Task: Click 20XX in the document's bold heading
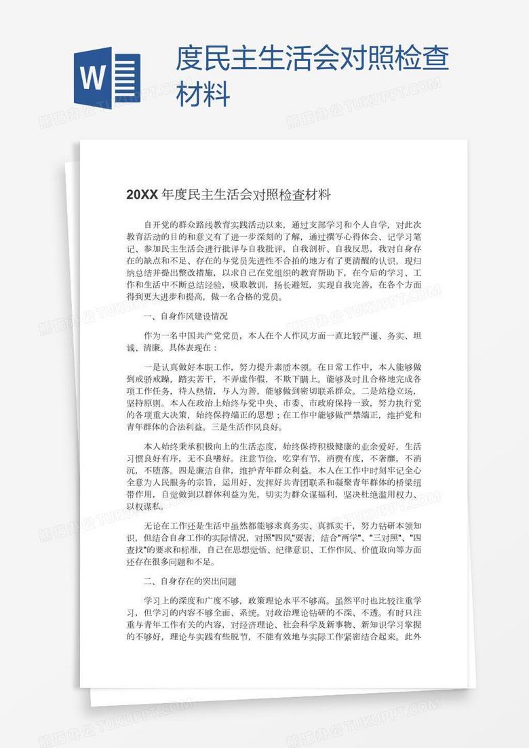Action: (x=142, y=195)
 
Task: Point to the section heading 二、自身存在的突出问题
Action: (x=190, y=581)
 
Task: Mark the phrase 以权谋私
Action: (x=142, y=507)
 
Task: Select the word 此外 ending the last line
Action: (x=412, y=637)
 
